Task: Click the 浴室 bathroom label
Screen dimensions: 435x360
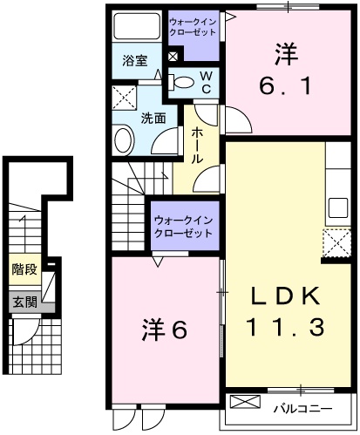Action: click(x=134, y=61)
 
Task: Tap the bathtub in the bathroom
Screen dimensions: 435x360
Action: click(x=137, y=25)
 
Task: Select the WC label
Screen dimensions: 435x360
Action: click(x=207, y=82)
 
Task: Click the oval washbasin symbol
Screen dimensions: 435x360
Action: click(x=123, y=138)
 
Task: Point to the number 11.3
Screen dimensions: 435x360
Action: click(x=285, y=327)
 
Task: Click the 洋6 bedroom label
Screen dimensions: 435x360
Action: click(x=165, y=330)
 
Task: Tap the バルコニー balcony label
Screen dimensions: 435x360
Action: click(x=302, y=408)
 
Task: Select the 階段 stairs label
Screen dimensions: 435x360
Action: click(x=24, y=270)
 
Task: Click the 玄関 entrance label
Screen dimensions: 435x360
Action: click(x=24, y=302)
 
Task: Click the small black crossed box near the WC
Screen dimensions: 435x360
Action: click(x=173, y=58)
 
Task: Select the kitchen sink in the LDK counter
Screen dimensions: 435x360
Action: click(x=336, y=210)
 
